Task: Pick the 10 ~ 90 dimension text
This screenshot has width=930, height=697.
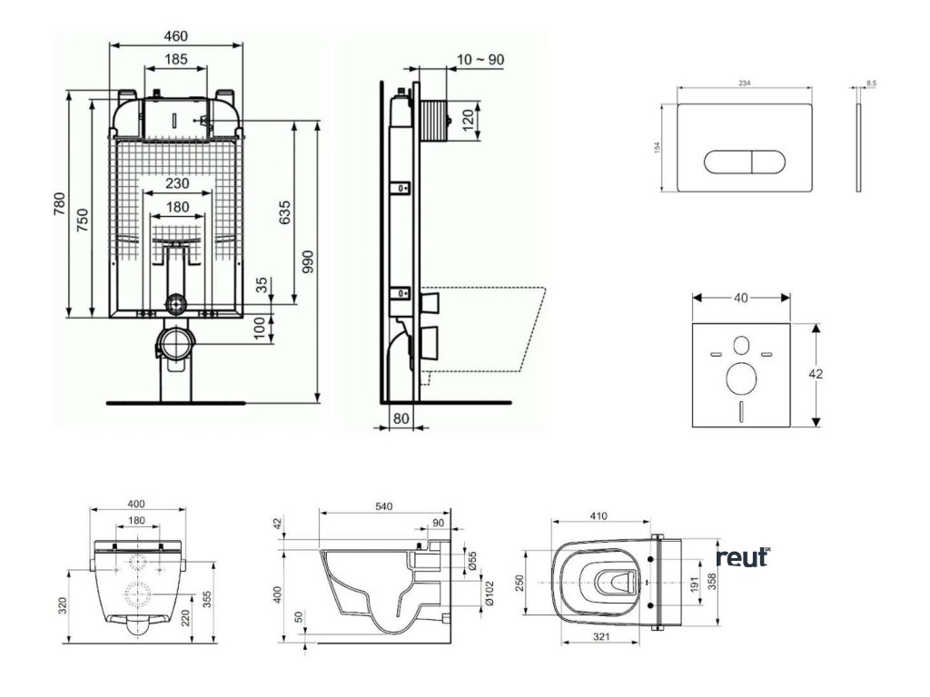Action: (x=480, y=60)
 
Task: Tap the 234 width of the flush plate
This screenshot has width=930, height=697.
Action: (x=744, y=83)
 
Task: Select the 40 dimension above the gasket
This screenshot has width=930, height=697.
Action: (x=740, y=298)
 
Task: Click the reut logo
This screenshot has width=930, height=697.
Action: (x=743, y=557)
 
